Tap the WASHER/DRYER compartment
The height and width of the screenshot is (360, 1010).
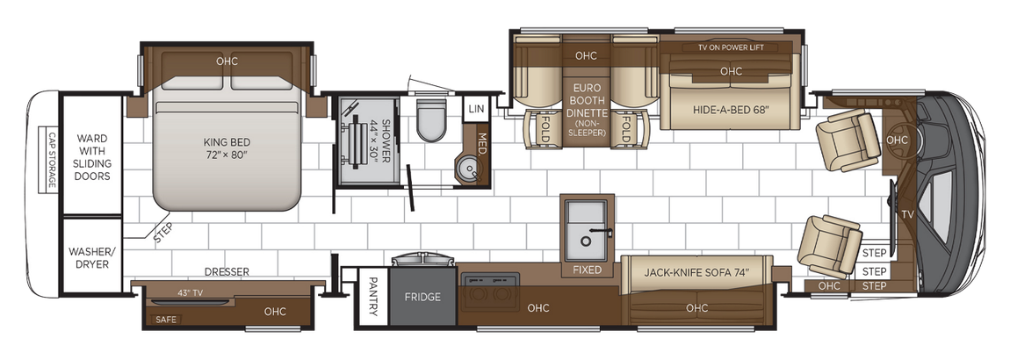click(x=91, y=256)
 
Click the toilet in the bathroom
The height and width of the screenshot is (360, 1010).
click(x=431, y=119)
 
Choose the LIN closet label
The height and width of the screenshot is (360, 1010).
click(x=476, y=109)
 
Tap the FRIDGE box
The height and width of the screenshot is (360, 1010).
click(x=422, y=297)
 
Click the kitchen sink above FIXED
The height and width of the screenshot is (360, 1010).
click(x=587, y=226)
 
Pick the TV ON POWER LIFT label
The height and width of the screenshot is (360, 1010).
click(x=736, y=47)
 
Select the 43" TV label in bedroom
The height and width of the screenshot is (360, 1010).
click(x=190, y=292)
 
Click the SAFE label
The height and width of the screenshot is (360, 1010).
click(x=166, y=320)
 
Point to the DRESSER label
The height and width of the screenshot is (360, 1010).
click(x=227, y=272)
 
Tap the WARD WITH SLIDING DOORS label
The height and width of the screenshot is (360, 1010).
click(x=92, y=157)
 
